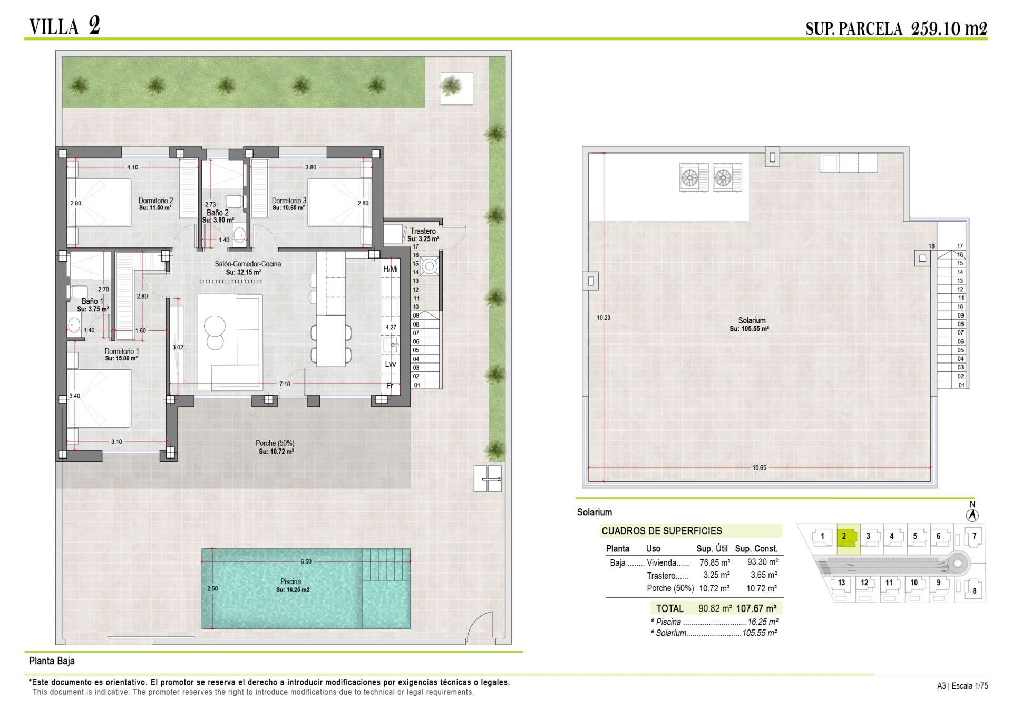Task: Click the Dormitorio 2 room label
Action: pos(155,201)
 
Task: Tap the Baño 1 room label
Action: pos(92,301)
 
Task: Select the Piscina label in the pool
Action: pos(290,581)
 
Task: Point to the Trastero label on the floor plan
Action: pos(423,231)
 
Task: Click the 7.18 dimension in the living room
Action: pos(285,384)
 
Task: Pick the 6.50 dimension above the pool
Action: pos(306,561)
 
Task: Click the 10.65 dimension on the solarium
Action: pos(760,468)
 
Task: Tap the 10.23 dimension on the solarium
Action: pos(604,318)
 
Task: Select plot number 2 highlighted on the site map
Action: pos(844,537)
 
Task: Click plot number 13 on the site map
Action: pos(841,583)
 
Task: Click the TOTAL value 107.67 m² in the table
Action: pos(756,608)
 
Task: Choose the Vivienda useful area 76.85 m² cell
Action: pos(715,562)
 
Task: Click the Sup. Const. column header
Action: pos(756,549)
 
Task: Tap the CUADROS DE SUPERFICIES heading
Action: pos(662,531)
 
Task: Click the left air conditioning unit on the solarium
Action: pos(694,177)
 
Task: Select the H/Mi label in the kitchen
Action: pos(390,269)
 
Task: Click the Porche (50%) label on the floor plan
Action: pos(275,443)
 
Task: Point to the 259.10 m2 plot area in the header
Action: pos(949,28)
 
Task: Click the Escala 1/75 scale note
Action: pos(970,686)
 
